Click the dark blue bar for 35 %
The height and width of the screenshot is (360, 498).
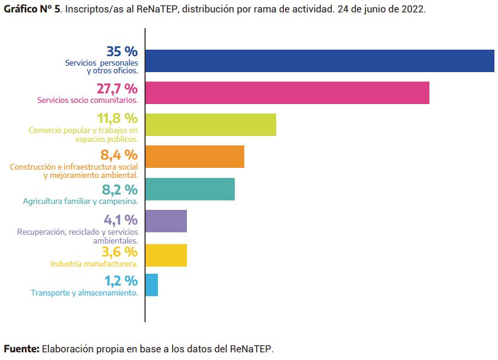319,61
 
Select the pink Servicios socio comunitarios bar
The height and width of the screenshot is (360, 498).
287,93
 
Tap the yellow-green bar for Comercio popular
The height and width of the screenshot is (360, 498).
211,125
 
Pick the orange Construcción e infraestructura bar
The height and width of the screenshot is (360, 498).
195,157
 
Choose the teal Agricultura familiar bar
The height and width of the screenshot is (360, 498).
190,189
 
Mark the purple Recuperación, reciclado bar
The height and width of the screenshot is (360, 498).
166,221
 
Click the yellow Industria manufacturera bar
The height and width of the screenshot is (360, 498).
166,255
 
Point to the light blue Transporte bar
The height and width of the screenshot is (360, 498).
151,285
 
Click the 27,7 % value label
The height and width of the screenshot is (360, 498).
117,89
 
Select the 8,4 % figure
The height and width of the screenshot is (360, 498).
119,155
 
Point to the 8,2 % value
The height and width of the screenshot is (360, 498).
119,190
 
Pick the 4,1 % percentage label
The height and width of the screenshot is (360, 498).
121,220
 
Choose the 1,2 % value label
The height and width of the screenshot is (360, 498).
121,281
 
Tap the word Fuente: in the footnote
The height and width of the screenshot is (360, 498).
22,349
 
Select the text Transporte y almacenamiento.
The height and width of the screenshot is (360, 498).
84,293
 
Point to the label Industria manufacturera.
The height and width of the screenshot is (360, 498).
94,264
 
